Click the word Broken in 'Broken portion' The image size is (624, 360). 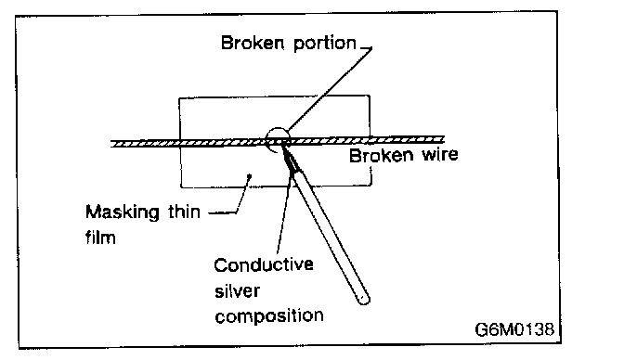click(x=253, y=43)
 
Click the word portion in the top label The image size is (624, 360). click(x=325, y=44)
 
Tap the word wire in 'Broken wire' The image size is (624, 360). click(x=440, y=154)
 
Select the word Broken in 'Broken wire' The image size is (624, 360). click(x=382, y=155)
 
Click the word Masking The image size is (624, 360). click(x=123, y=212)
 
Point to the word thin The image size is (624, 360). click(x=184, y=212)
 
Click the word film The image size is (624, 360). click(x=100, y=238)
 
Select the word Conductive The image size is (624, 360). click(x=264, y=264)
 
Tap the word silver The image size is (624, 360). click(x=237, y=290)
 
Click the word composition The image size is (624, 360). click(x=269, y=315)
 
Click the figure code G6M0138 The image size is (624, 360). click(x=514, y=329)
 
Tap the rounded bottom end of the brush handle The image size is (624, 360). click(x=364, y=300)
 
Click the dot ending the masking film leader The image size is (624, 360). click(x=250, y=175)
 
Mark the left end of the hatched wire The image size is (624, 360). click(x=111, y=144)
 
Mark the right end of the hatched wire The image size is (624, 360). click(x=443, y=139)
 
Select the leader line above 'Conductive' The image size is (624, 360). click(x=284, y=215)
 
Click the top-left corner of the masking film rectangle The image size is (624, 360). click(x=179, y=98)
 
